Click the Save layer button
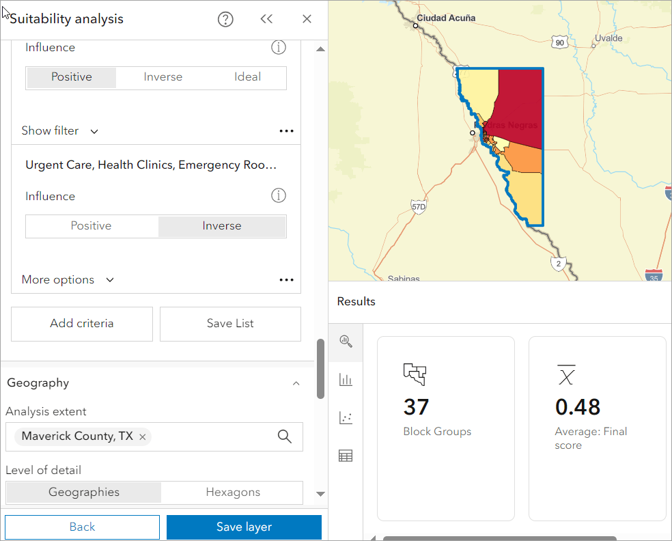pos(244,527)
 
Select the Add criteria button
pos(82,324)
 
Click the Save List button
pos(230,324)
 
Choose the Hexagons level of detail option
pos(233,492)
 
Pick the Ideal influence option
pos(247,77)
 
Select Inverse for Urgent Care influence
pos(222,226)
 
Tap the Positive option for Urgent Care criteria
pos(91,226)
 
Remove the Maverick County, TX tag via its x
pos(143,436)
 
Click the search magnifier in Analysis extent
pos(285,436)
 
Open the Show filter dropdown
pos(59,131)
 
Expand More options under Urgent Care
pos(67,280)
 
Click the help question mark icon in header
pos(225,19)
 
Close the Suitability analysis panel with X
pos(307,19)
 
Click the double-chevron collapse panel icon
pos(266,19)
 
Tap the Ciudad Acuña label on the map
pos(446,18)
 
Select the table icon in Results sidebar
pos(346,456)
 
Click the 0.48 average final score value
pos(578,407)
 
